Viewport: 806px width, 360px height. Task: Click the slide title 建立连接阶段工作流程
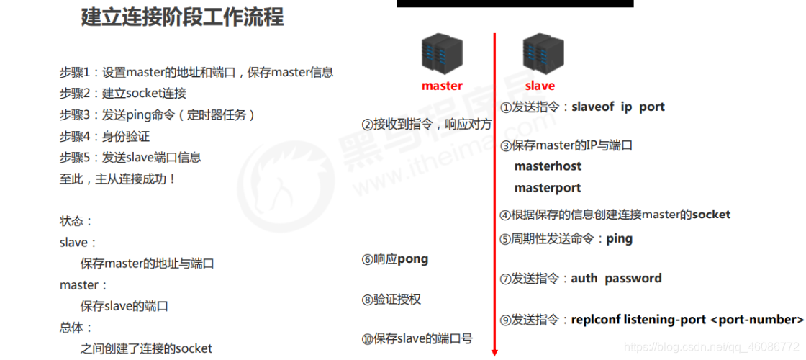pyautogui.click(x=182, y=17)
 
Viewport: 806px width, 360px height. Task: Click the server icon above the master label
pyautogui.click(x=441, y=55)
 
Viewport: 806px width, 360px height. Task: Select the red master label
pyautogui.click(x=442, y=86)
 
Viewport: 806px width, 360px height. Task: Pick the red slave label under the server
pyautogui.click(x=540, y=86)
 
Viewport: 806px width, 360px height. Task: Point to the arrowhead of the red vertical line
pyautogui.click(x=494, y=351)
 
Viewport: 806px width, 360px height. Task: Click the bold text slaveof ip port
pyautogui.click(x=618, y=107)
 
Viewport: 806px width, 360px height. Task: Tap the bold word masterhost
pyautogui.click(x=548, y=166)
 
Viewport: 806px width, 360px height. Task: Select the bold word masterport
pyautogui.click(x=548, y=188)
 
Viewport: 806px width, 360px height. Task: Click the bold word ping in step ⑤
pyautogui.click(x=619, y=238)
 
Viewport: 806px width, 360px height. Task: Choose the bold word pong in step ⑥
pyautogui.click(x=412, y=259)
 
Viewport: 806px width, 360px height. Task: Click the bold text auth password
pyautogui.click(x=616, y=278)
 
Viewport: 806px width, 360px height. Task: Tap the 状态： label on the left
pyautogui.click(x=76, y=221)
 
